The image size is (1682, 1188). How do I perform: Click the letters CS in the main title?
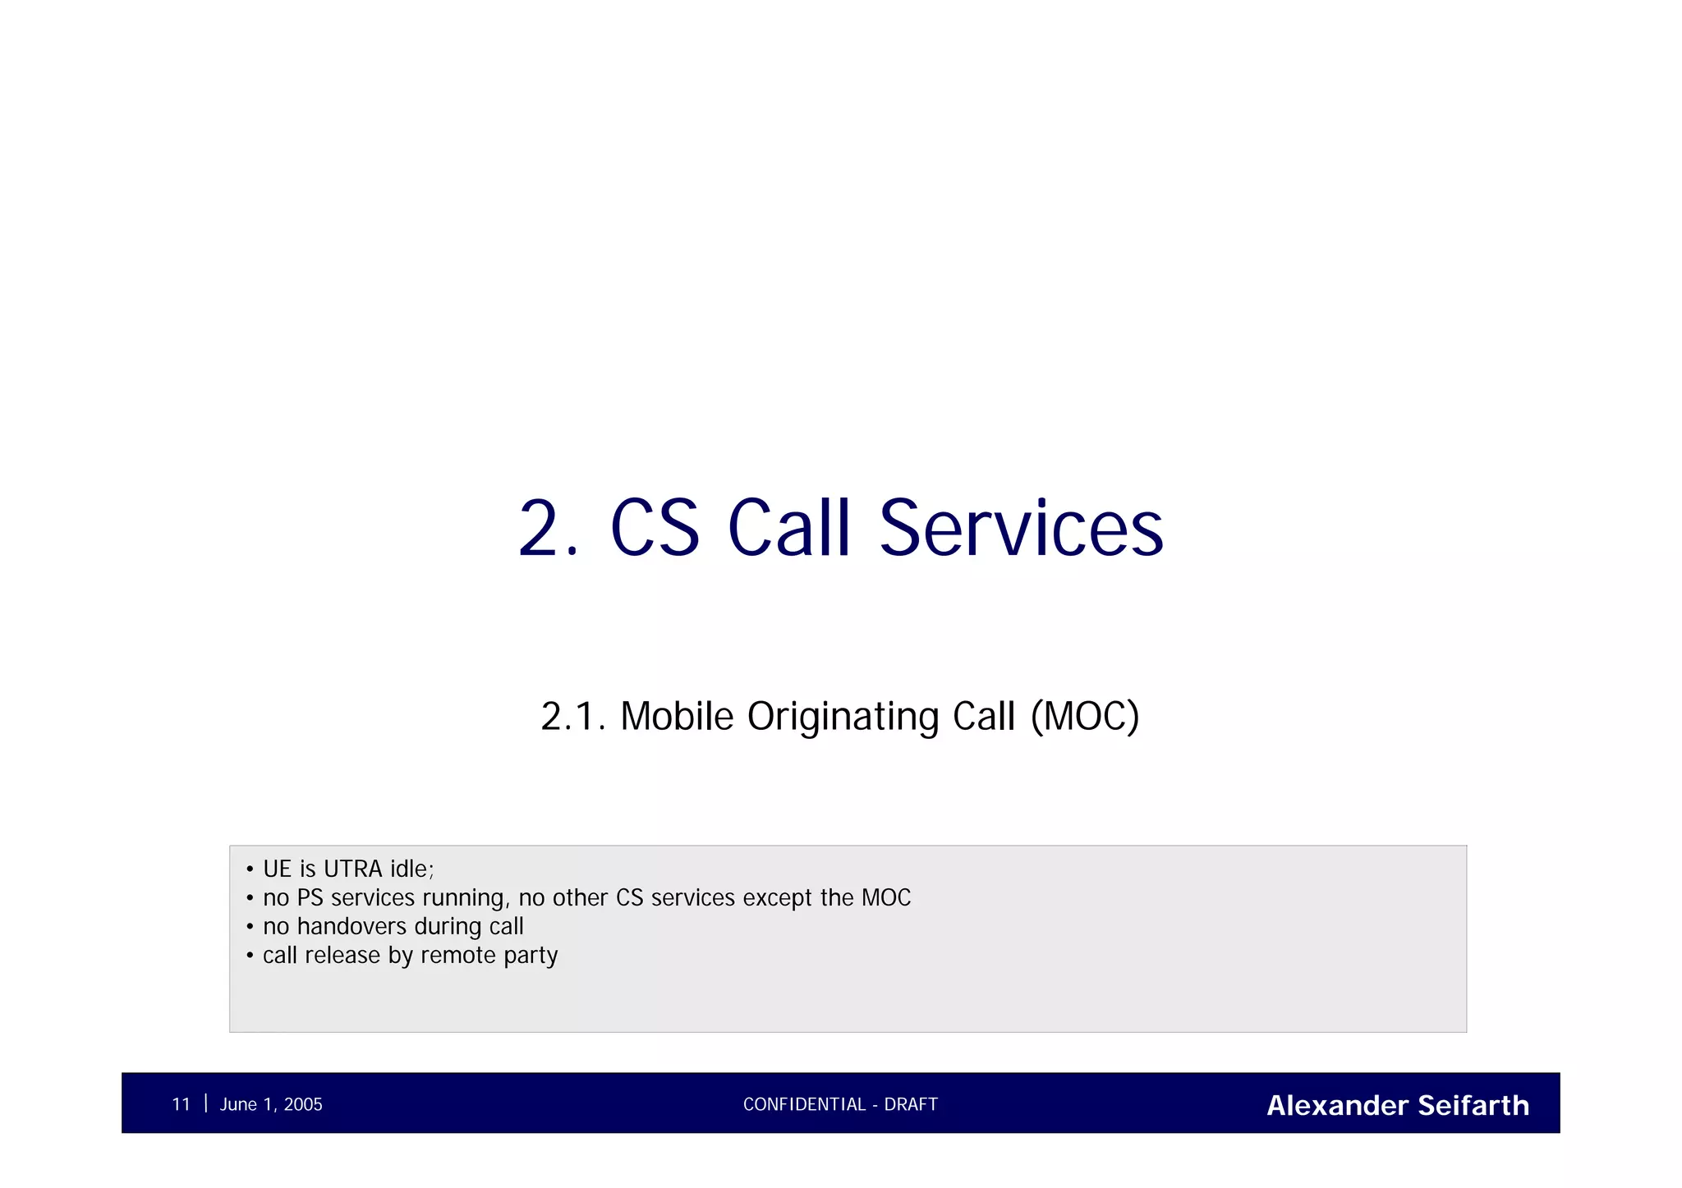655,529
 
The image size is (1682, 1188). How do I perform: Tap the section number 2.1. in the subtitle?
572,716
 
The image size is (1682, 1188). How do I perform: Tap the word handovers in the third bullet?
352,927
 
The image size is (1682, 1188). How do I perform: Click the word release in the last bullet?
342,956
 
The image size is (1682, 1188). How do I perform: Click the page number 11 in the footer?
181,1104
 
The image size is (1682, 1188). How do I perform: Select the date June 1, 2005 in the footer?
271,1104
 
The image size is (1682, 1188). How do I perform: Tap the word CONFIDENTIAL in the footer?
804,1104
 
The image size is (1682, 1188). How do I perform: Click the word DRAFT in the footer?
911,1104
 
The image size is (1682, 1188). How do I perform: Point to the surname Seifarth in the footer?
1473,1105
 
